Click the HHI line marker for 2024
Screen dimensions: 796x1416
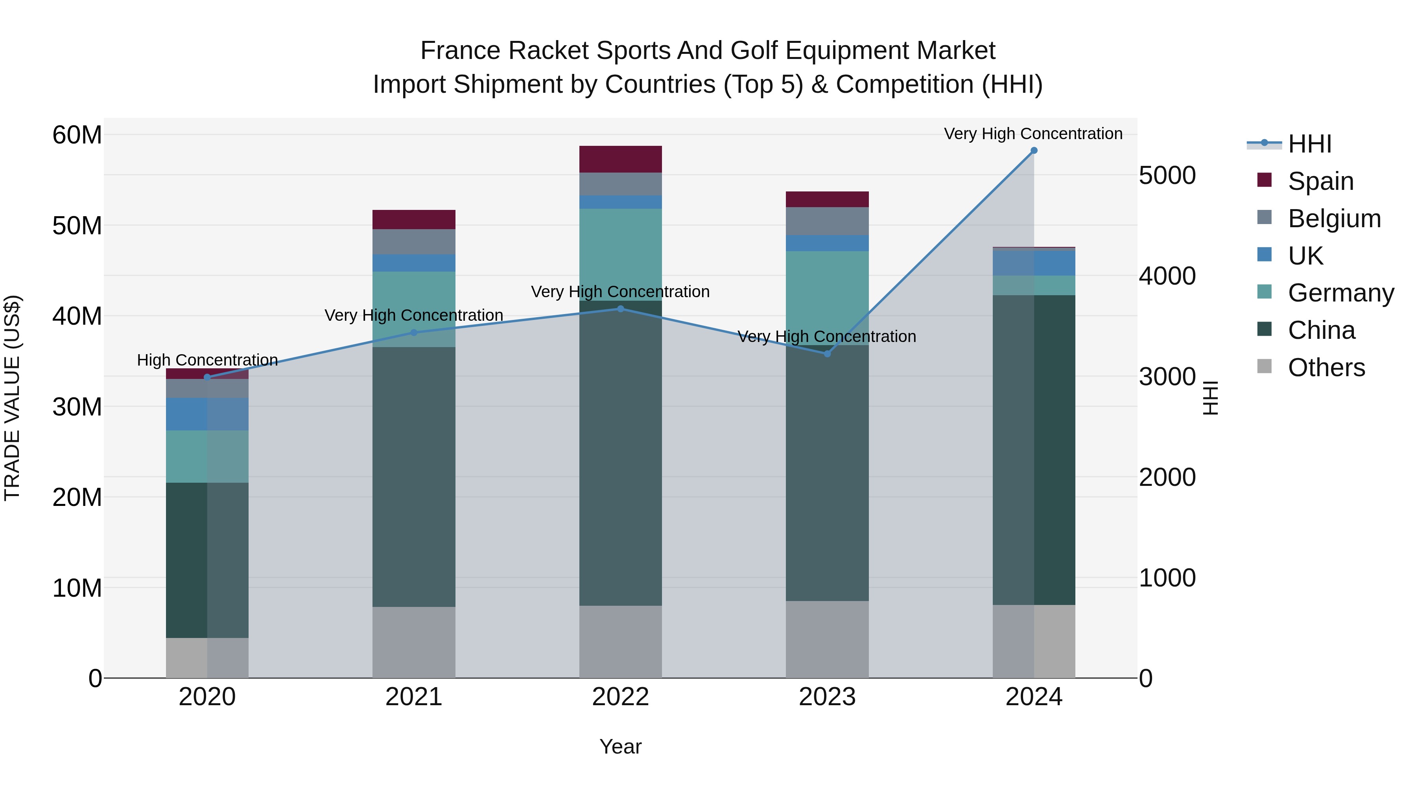[1033, 151]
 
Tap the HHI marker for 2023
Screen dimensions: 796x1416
[827, 354]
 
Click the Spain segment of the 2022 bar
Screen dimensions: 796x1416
[621, 159]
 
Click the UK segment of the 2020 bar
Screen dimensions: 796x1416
[207, 414]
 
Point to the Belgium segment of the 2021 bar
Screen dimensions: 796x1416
[414, 242]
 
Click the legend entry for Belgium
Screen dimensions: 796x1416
[1334, 219]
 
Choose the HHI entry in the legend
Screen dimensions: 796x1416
[1309, 144]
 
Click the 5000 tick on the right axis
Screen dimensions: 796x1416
[1167, 176]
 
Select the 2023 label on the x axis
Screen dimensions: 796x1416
[827, 697]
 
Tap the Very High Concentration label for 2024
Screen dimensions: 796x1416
[1033, 134]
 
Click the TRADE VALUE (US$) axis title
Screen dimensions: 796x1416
[12, 398]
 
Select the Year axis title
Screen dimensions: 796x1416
[621, 746]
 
